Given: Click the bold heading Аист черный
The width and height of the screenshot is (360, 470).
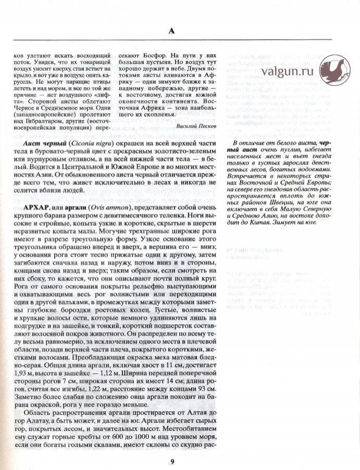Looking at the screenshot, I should point(43,142).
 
